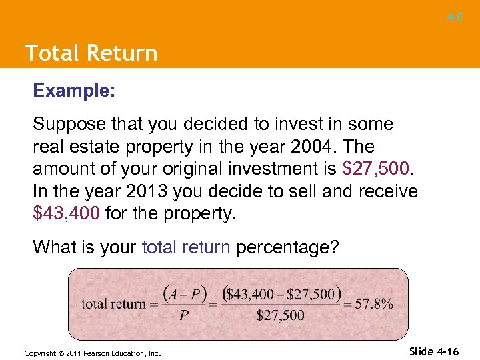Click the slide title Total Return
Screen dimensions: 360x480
point(91,53)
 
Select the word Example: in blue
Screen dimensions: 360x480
point(74,91)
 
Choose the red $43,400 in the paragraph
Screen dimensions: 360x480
point(67,214)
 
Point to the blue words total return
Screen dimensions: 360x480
point(186,247)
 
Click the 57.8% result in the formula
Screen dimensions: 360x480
point(373,304)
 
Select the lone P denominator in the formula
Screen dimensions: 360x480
point(183,316)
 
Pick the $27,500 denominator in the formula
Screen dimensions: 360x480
point(281,316)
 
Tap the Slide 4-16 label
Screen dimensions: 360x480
point(435,350)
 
